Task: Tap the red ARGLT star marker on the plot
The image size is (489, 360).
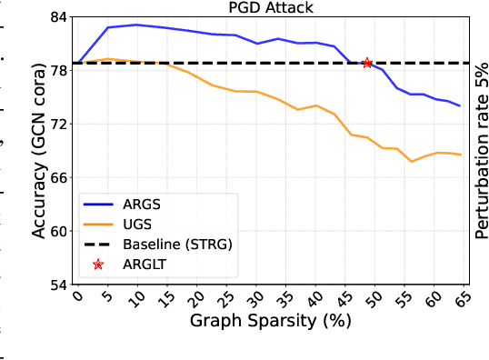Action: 368,63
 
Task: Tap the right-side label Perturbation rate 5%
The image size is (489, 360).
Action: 481,150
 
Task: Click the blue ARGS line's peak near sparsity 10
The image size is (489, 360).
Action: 136,25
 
